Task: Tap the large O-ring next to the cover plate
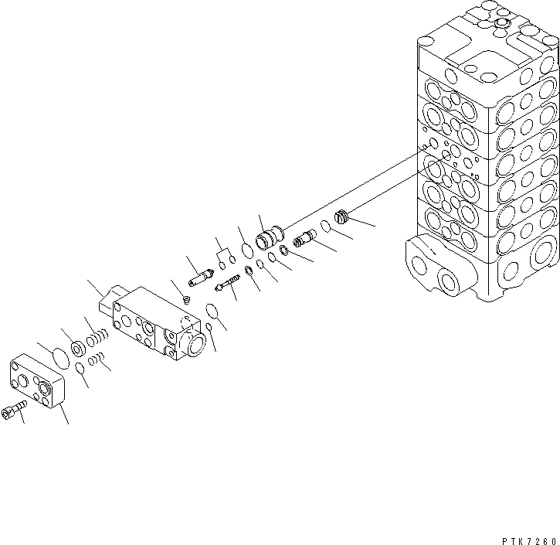(56, 358)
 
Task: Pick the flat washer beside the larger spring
(79, 349)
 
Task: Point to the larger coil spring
(95, 340)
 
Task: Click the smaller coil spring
(95, 359)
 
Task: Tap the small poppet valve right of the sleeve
(304, 239)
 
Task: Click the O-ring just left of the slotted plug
(325, 227)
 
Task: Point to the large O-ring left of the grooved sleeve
(246, 250)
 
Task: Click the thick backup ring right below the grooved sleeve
(284, 250)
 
